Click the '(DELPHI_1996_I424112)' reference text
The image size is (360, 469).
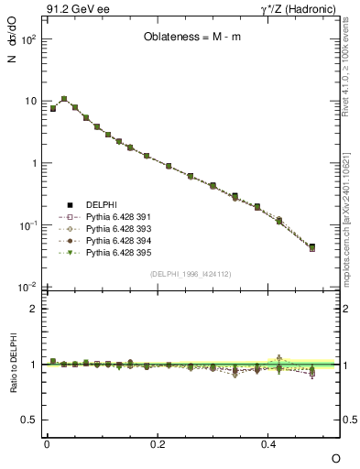tap(191, 273)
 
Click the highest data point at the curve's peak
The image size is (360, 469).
tap(64, 99)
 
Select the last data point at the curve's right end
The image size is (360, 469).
tap(312, 247)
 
